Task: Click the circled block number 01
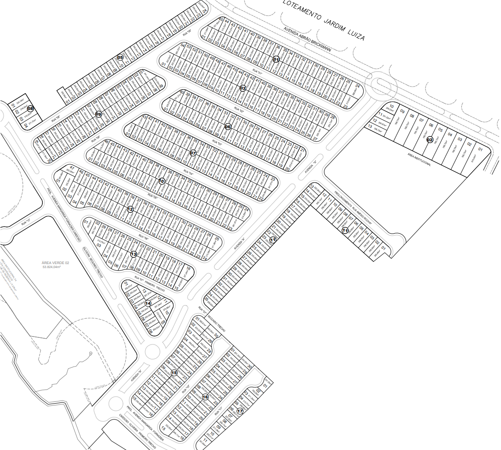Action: pos(276,59)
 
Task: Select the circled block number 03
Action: pos(243,88)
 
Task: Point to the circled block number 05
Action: pos(120,57)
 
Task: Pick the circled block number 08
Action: pos(30,108)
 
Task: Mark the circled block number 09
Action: pos(98,114)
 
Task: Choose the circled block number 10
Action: pos(162,181)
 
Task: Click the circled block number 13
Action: pos(134,254)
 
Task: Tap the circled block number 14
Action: pos(148,303)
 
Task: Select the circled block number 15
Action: pos(174,373)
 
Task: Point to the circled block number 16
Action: pos(205,397)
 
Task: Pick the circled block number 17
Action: pos(240,411)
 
